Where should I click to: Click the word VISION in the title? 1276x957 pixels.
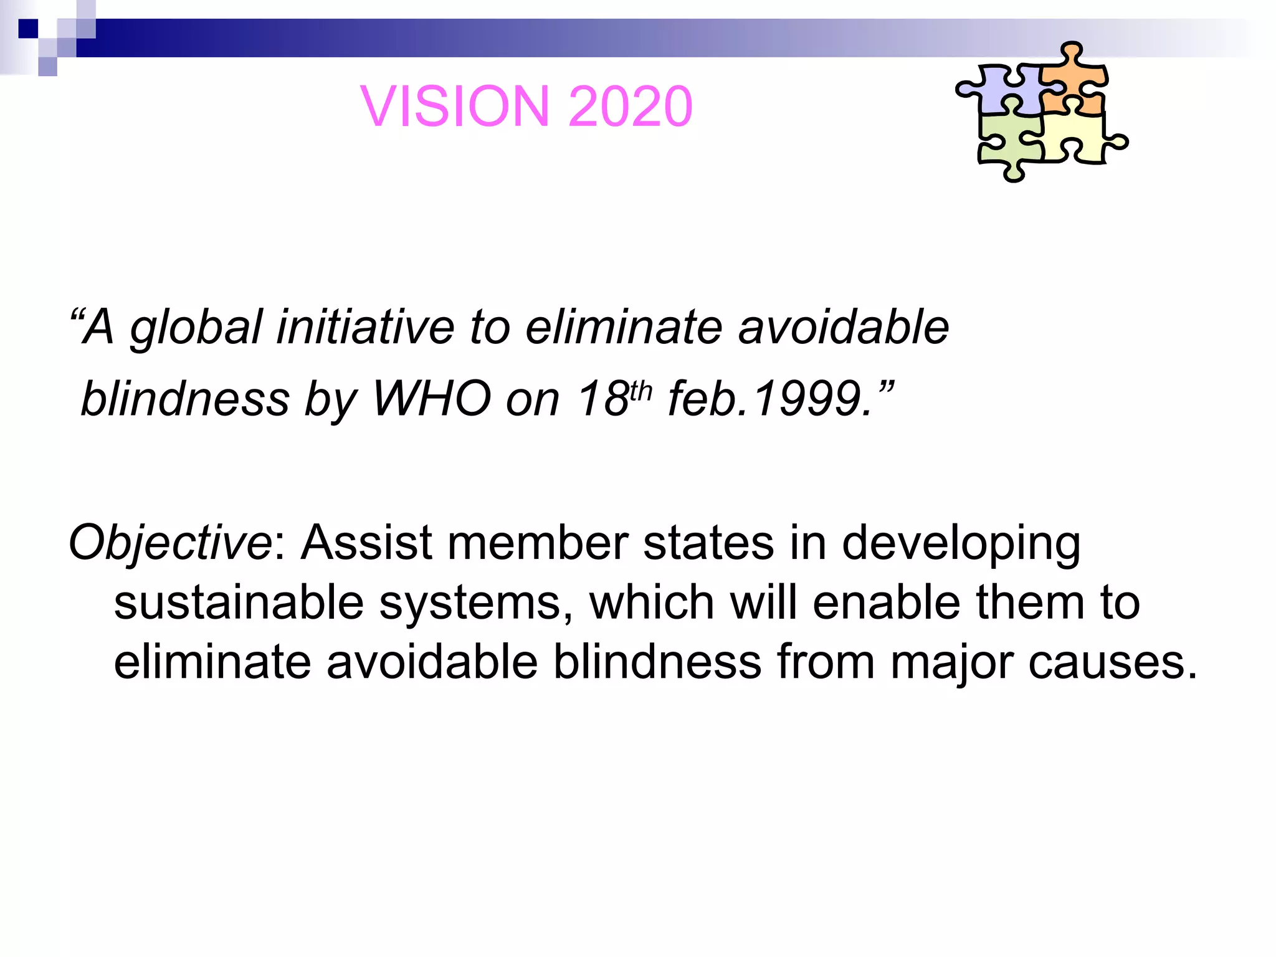[x=455, y=107]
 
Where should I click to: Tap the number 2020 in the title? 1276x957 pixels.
[x=630, y=107]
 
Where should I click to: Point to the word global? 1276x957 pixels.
[x=196, y=328]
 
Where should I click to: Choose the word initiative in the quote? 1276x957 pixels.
[x=365, y=328]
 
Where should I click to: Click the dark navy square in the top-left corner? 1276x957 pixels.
[x=28, y=29]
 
